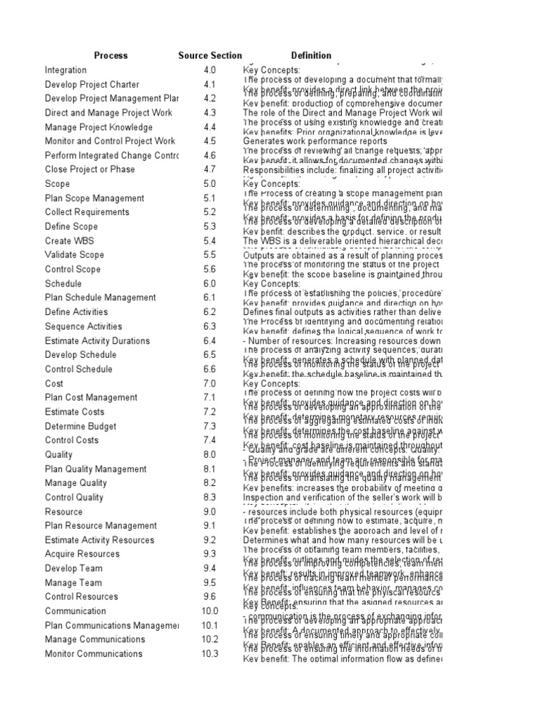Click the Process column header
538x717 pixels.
(111, 55)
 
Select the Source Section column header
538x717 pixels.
(210, 55)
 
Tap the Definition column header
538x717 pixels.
(311, 55)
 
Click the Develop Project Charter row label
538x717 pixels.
(92, 85)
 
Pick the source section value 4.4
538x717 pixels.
(210, 127)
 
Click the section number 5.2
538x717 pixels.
(210, 212)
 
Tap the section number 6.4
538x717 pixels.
(210, 340)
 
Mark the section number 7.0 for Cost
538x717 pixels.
(210, 383)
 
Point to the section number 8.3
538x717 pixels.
(210, 497)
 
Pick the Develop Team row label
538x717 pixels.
(74, 568)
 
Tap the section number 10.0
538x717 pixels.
(210, 611)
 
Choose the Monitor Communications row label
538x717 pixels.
(92, 653)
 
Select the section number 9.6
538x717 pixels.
(210, 597)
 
